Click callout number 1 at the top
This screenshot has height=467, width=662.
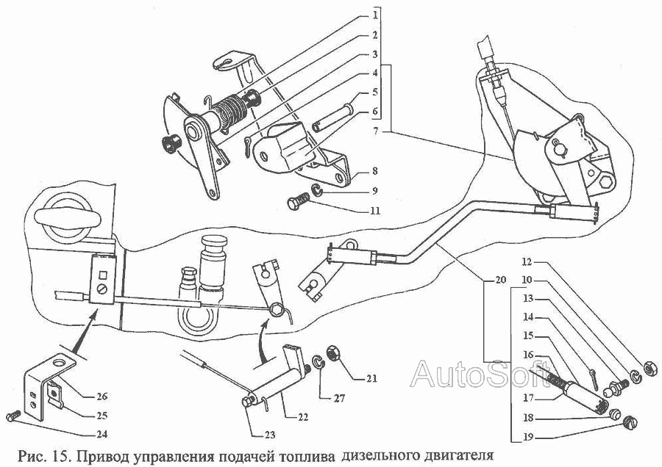coord(374,15)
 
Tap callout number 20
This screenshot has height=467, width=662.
coord(501,281)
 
